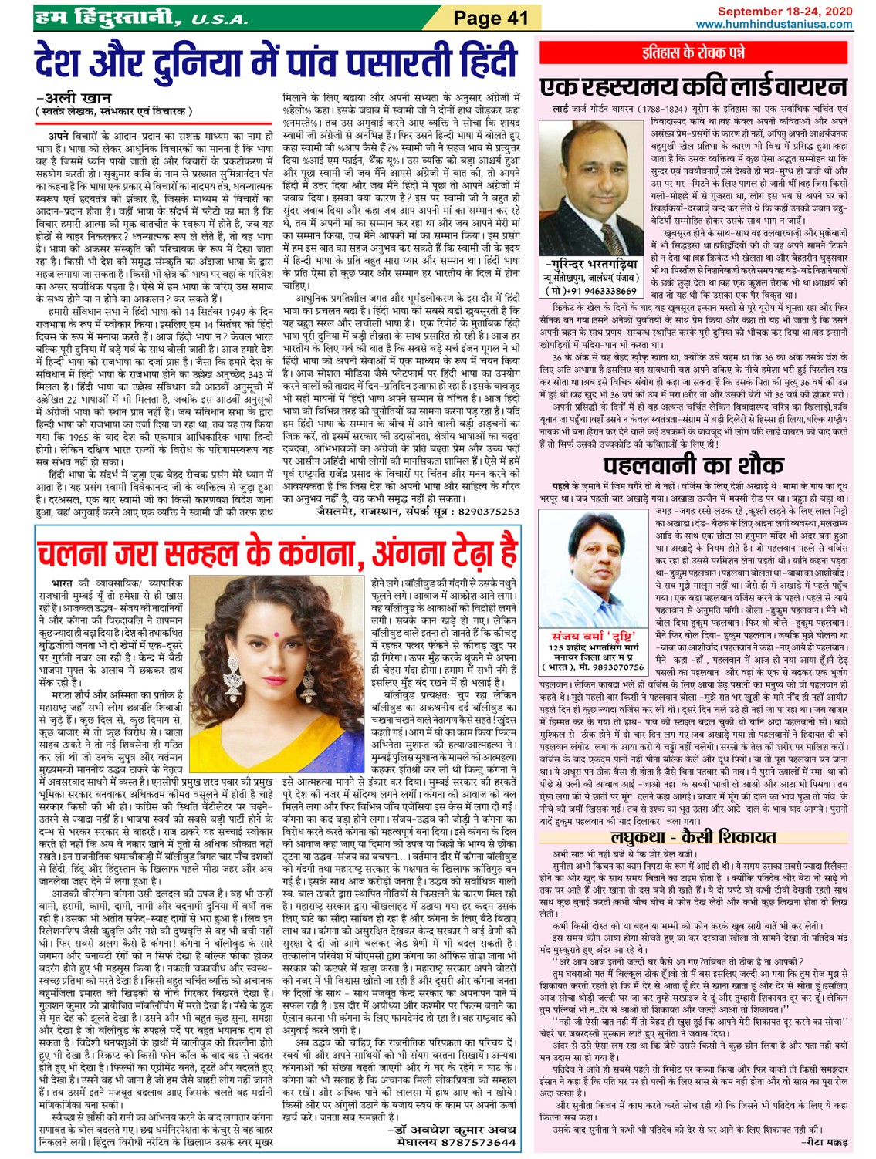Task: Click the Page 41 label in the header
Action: coord(490,17)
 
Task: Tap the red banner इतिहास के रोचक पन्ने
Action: coord(695,52)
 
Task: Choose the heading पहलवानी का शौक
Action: coord(692,465)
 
